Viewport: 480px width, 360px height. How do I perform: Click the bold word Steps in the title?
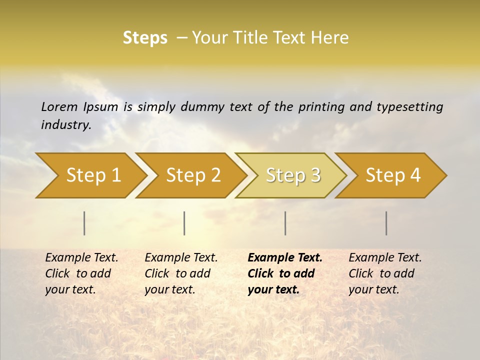coord(145,38)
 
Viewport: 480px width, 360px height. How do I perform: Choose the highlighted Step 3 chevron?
coord(293,175)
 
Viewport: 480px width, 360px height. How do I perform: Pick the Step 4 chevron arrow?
coord(393,175)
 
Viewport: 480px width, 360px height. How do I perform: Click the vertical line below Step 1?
coord(84,223)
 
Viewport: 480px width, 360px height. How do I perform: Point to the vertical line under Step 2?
coord(184,223)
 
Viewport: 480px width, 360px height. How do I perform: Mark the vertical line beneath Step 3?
coord(285,223)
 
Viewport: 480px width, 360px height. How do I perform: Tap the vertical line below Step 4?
coord(386,223)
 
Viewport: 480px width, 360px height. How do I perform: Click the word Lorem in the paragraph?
coord(59,106)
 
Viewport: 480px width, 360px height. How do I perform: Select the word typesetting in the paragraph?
coord(409,106)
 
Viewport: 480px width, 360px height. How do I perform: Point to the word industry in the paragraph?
coord(66,125)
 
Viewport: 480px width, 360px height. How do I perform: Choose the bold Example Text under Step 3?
coord(285,258)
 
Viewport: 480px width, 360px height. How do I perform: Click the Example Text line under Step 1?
coord(81,258)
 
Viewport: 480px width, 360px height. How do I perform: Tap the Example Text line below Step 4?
coord(385,258)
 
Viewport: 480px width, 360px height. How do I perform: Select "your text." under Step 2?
coord(170,289)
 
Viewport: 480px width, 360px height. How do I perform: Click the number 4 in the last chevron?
coord(415,175)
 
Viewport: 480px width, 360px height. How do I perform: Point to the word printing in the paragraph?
coord(321,106)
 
